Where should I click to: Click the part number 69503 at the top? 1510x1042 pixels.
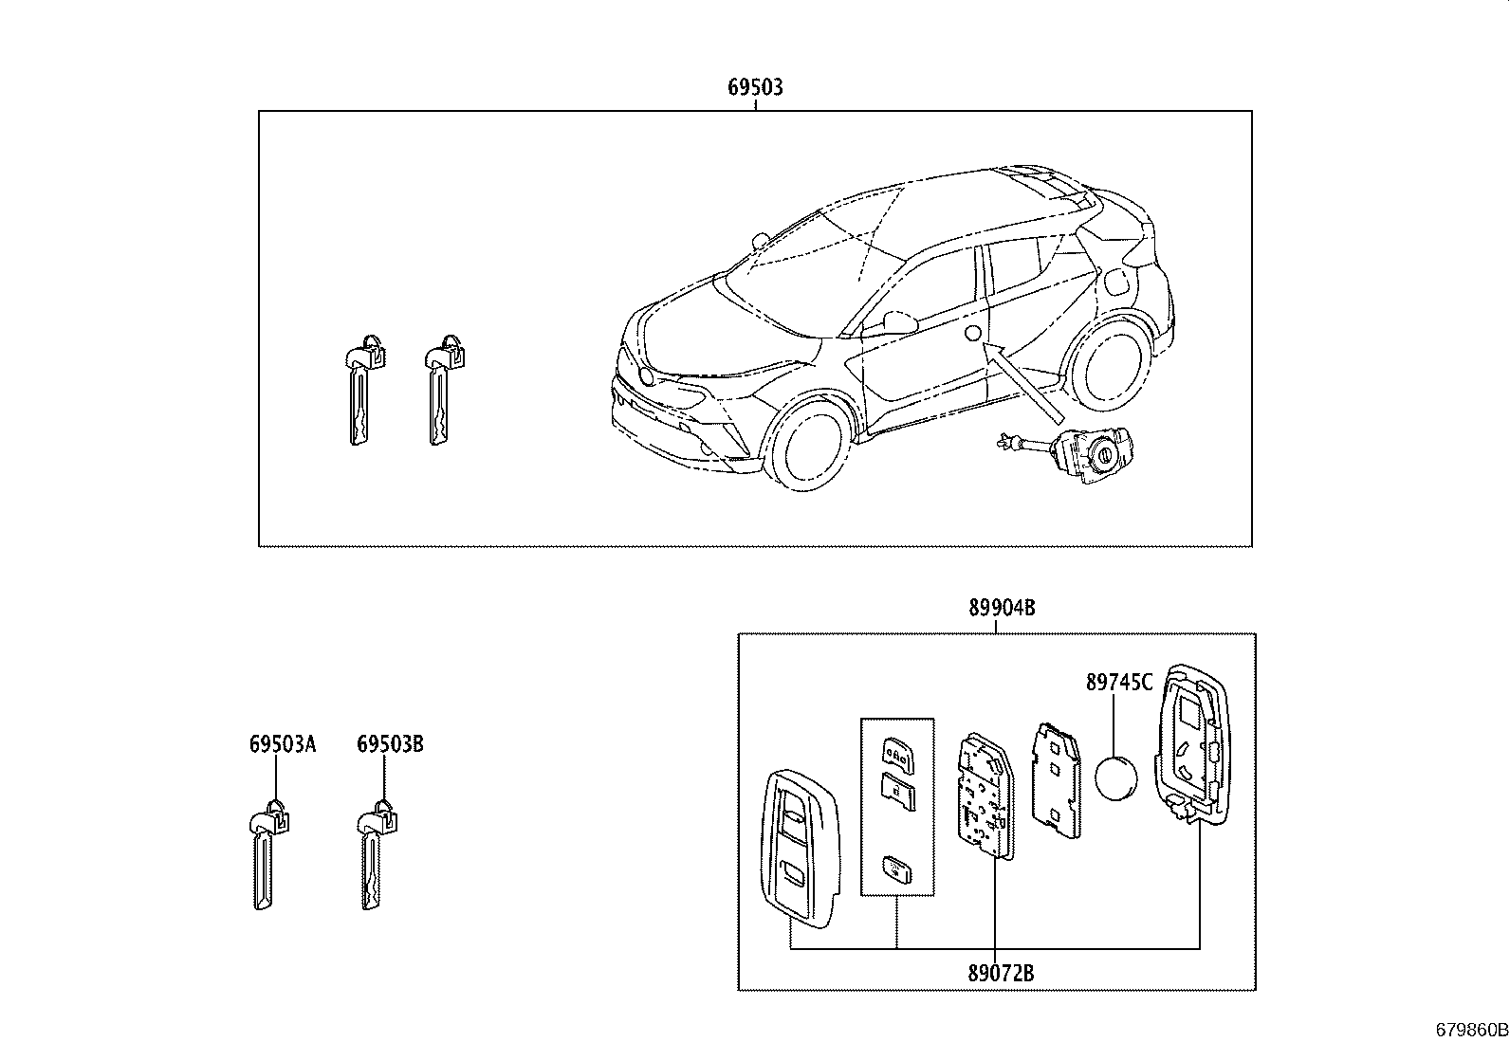[x=755, y=87]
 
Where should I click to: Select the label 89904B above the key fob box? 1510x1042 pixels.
[x=1001, y=609]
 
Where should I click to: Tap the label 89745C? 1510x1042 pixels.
[x=1119, y=683]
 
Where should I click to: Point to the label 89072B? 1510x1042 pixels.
[x=1001, y=972]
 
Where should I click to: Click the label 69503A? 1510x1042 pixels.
[x=283, y=744]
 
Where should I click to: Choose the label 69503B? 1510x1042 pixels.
[x=390, y=744]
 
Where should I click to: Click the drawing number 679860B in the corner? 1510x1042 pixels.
[x=1470, y=1030]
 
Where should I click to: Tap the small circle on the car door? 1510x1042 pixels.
[x=971, y=333]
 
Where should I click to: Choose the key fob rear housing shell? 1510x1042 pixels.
[x=1191, y=744]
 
